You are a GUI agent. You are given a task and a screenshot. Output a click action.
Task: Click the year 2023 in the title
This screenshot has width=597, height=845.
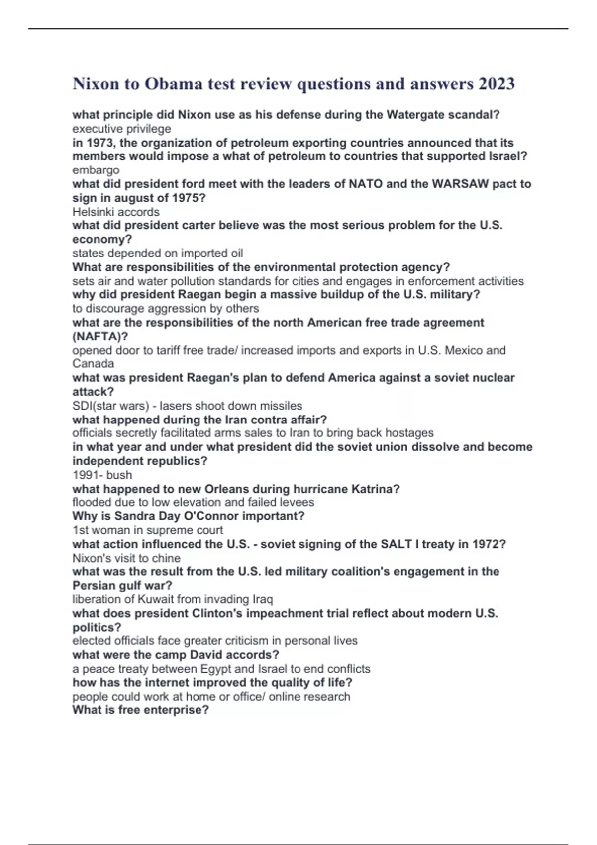tap(496, 84)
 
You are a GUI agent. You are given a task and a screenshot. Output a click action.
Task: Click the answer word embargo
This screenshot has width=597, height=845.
tap(96, 170)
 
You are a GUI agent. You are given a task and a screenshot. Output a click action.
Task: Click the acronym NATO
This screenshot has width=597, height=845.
tap(365, 184)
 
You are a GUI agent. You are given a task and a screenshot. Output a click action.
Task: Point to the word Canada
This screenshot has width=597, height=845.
tap(93, 364)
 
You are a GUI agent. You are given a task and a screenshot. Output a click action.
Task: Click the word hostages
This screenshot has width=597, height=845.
tap(409, 433)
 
